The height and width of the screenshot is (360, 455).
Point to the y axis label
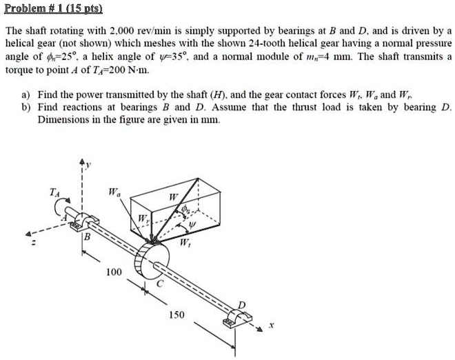[x=87, y=165]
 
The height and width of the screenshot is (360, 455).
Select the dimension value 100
[x=114, y=273]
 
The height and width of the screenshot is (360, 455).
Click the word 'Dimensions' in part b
[x=61, y=119]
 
